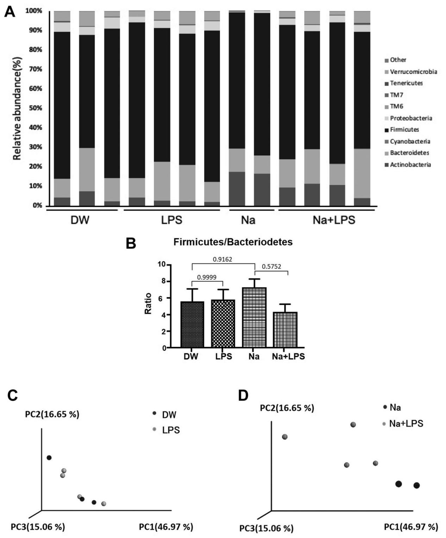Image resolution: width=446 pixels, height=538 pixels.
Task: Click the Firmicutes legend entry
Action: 404,130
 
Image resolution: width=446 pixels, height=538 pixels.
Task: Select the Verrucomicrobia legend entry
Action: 413,72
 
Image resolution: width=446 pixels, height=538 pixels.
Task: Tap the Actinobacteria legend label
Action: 410,165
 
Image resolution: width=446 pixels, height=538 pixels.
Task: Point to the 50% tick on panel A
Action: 35,108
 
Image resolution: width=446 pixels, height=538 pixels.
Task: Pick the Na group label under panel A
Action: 248,220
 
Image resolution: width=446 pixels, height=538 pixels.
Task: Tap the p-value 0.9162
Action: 222,260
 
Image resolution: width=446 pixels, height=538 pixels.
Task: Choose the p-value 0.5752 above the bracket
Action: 271,267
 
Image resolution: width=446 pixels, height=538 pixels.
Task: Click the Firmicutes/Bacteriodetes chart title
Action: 233,242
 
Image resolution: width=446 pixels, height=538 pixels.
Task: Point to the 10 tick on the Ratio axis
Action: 162,264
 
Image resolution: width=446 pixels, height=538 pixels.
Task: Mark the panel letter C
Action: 13,396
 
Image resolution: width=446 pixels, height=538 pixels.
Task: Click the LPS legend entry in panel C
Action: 170,430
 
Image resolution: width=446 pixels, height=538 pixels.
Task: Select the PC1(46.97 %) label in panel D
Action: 411,527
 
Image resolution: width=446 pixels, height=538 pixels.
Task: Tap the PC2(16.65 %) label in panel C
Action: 52,414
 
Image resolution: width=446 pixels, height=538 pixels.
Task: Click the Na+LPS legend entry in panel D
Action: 406,424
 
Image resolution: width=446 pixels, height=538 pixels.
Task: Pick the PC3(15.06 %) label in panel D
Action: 266,528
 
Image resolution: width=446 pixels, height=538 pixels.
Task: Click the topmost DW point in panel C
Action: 49,458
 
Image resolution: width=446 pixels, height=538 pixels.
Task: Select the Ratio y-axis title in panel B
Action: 148,303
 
